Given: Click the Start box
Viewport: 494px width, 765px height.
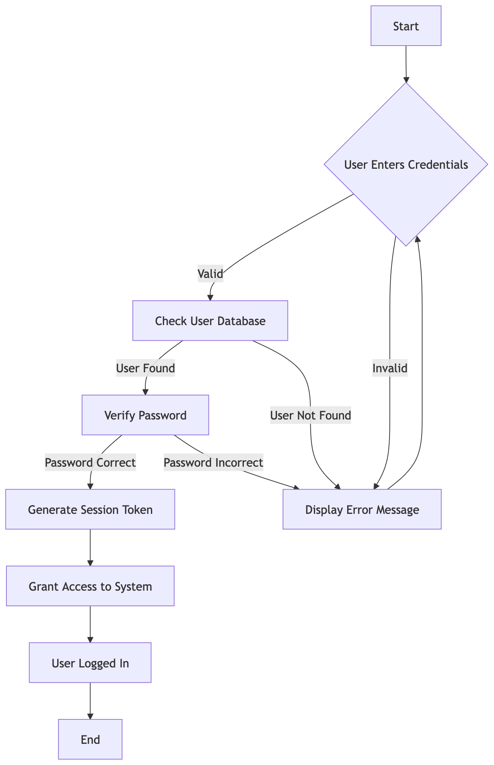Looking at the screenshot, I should (406, 26).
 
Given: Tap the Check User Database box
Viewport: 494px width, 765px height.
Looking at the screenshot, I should (210, 321).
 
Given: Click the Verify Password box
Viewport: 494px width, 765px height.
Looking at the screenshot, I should (145, 415).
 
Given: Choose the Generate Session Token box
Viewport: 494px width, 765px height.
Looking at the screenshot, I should (90, 509).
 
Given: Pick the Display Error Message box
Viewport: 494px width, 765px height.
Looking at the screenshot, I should (362, 509).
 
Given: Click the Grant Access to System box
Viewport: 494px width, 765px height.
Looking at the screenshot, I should (90, 586).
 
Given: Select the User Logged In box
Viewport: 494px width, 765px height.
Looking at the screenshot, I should (90, 663).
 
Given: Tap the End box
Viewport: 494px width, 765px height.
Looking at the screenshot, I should (90, 739).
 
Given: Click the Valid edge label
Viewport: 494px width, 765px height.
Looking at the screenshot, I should (210, 274).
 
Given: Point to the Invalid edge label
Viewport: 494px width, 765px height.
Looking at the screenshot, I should (390, 368).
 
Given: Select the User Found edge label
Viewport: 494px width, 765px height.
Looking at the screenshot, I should (145, 368).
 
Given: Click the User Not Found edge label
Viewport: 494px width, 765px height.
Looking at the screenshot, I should (311, 415).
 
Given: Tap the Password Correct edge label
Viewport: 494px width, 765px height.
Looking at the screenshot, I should (90, 463).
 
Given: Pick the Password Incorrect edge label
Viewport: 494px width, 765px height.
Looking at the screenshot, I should (213, 463).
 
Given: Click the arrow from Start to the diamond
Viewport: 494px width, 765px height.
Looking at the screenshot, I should (406, 64).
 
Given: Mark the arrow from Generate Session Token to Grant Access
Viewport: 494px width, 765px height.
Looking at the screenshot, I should (90, 547).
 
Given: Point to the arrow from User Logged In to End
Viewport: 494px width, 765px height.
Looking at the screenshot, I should (90, 701).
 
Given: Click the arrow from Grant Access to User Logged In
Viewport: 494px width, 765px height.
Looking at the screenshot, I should (90, 624).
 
